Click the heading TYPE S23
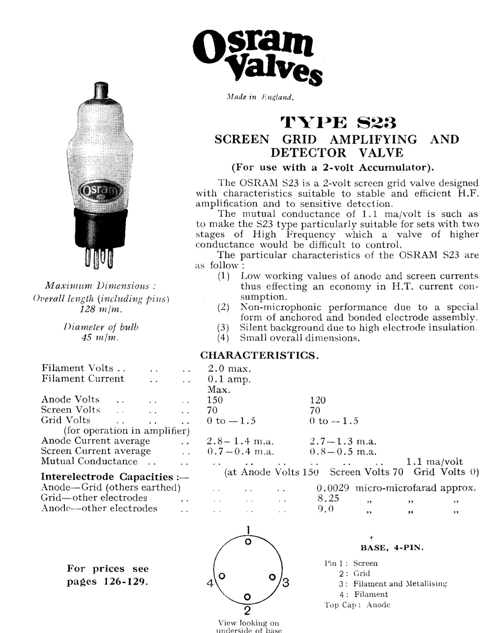(339, 123)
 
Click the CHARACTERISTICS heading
(259, 355)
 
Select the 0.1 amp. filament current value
(229, 379)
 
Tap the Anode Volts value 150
(215, 400)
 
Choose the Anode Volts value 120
(318, 400)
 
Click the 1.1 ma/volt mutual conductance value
(434, 462)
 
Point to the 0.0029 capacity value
(333, 488)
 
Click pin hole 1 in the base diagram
(248, 542)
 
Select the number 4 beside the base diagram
(210, 583)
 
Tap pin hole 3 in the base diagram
(272, 576)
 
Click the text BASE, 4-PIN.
(392, 548)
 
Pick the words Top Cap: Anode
(357, 605)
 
